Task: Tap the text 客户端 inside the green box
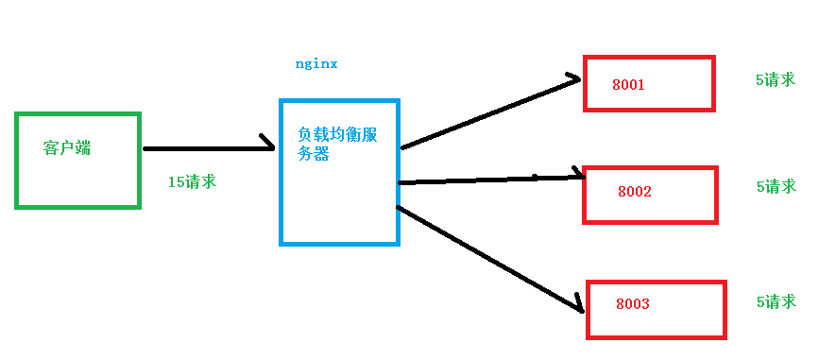click(68, 148)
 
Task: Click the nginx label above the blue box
click(316, 64)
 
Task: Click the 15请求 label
click(192, 181)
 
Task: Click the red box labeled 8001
click(648, 83)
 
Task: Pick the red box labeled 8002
click(650, 195)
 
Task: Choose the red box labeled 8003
click(656, 309)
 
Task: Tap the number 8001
click(628, 85)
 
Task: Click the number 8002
click(635, 192)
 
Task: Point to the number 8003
click(633, 304)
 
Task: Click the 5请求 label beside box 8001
click(776, 80)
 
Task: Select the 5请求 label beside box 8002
click(776, 187)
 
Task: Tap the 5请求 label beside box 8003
click(776, 301)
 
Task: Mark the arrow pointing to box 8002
click(491, 179)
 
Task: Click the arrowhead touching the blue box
click(268, 146)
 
